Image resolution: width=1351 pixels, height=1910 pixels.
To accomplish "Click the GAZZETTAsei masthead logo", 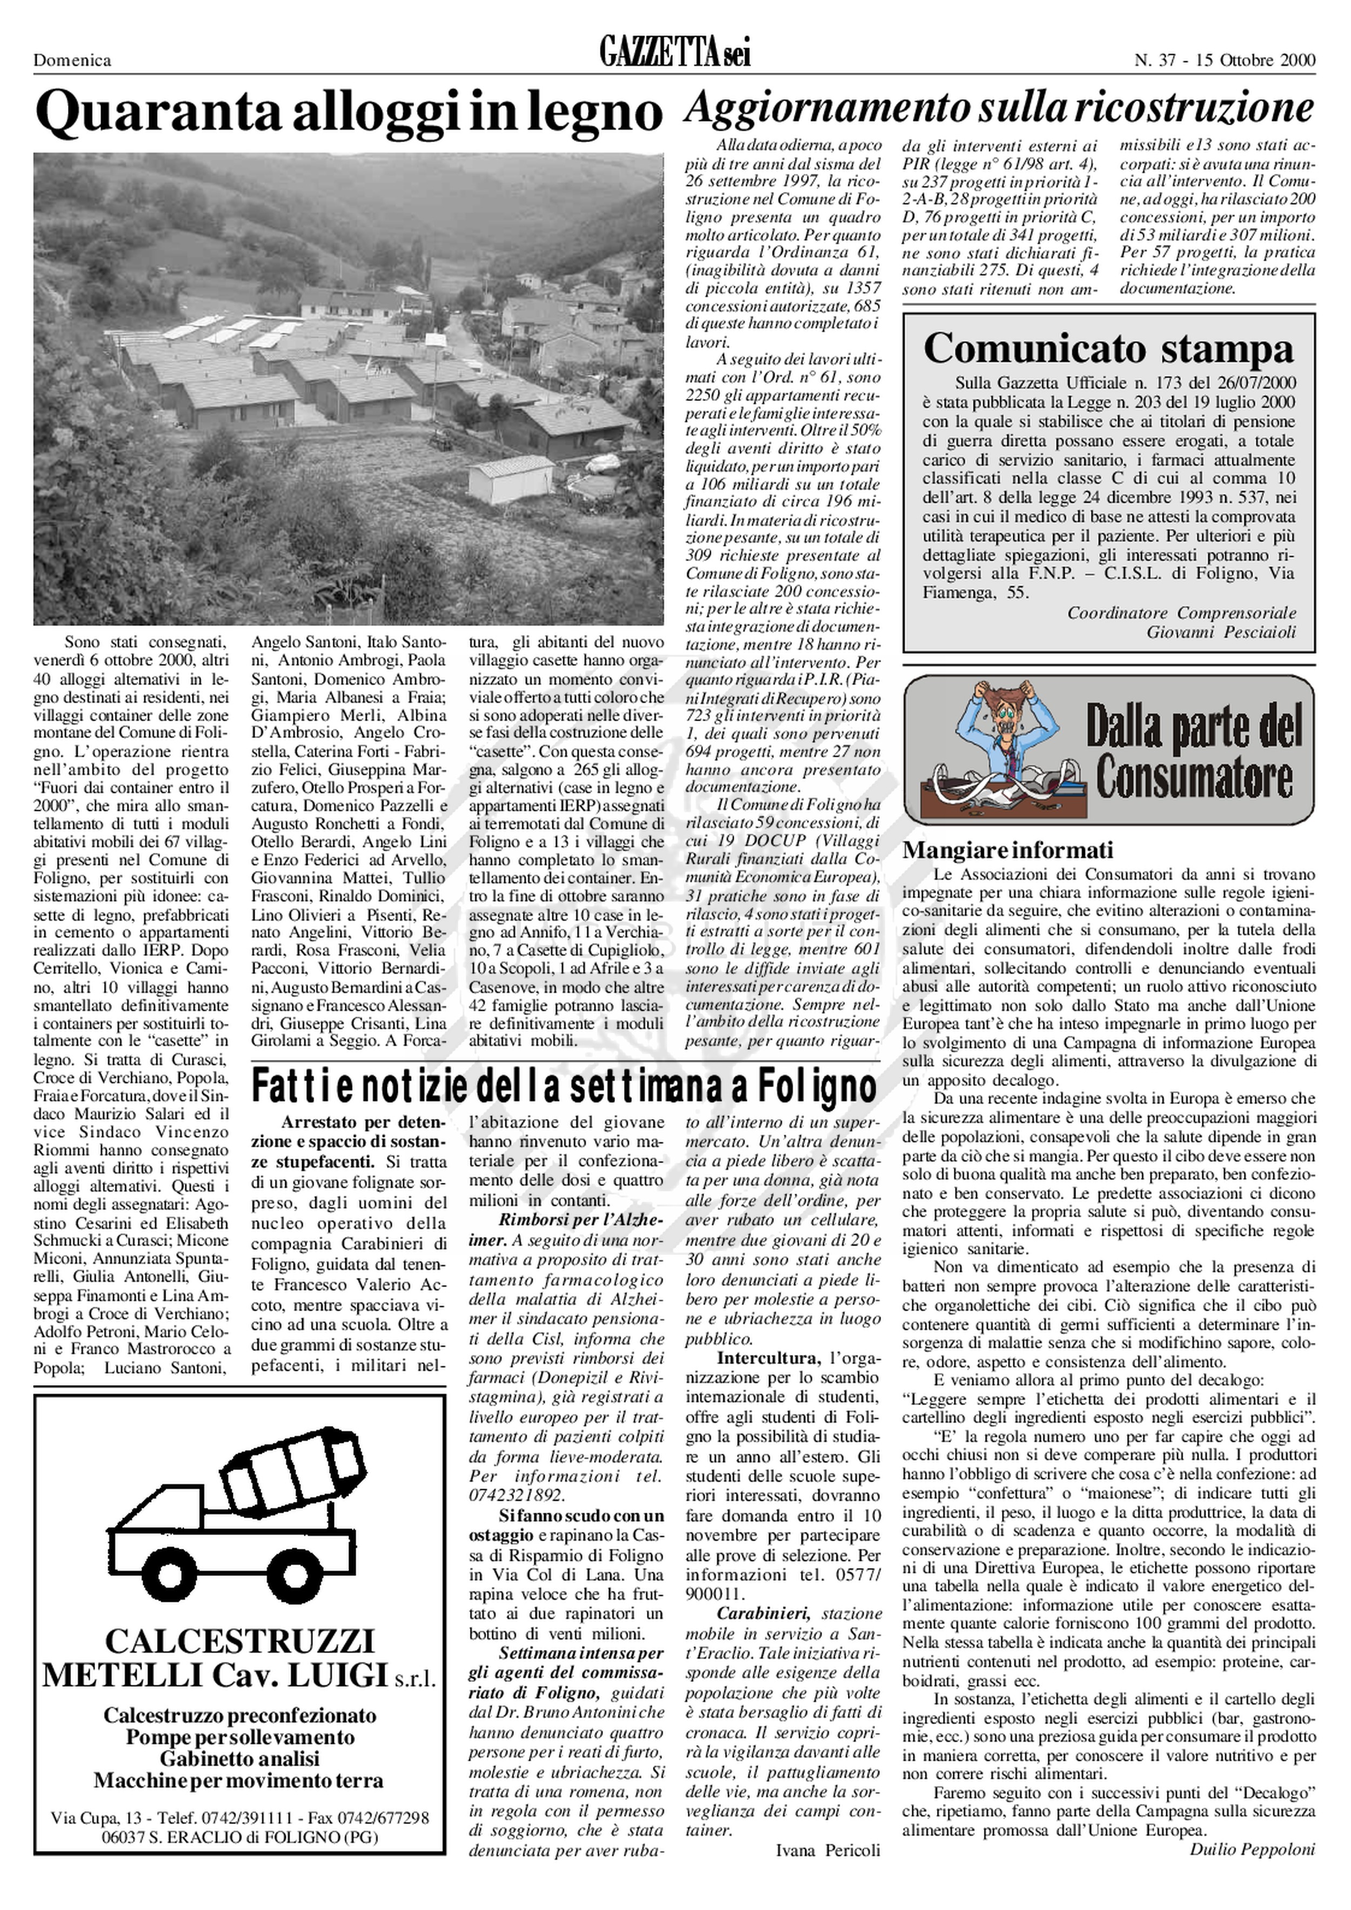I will tap(674, 56).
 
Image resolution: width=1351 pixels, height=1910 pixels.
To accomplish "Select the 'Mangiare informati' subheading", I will tap(1007, 850).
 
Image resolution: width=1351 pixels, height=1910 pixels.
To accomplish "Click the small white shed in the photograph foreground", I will tap(509, 478).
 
